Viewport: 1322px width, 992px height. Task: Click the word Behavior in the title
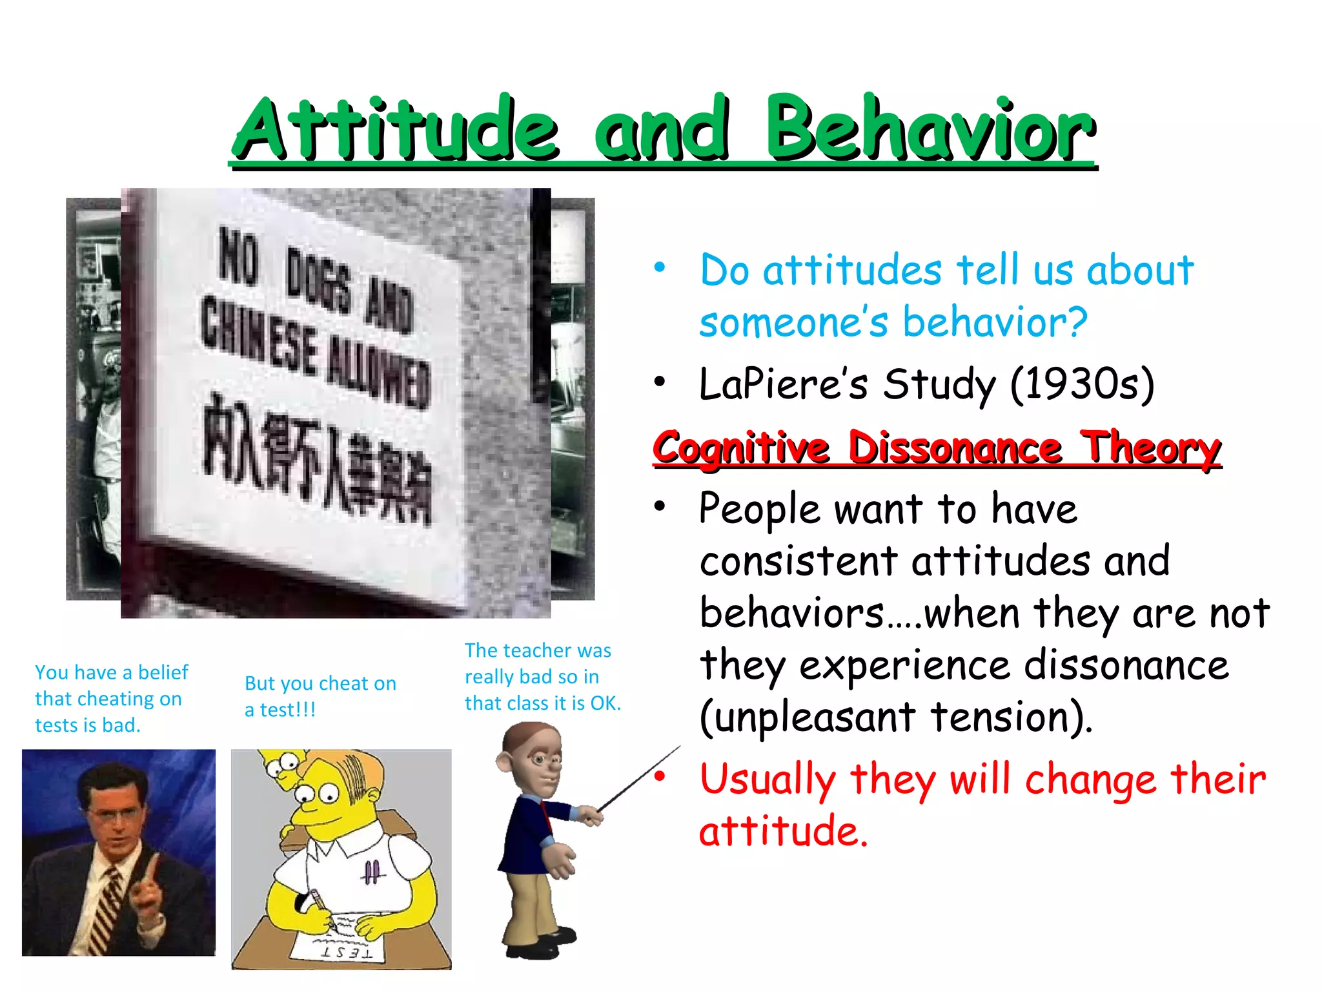(930, 129)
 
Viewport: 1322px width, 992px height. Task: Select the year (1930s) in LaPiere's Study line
(1082, 385)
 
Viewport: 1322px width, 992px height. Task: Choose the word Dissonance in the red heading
(955, 448)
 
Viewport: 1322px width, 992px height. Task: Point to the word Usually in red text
(768, 780)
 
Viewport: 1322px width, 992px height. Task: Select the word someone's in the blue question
(794, 322)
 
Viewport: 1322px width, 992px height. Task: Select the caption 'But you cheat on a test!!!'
(320, 696)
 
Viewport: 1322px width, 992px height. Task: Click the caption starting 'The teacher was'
(542, 677)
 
